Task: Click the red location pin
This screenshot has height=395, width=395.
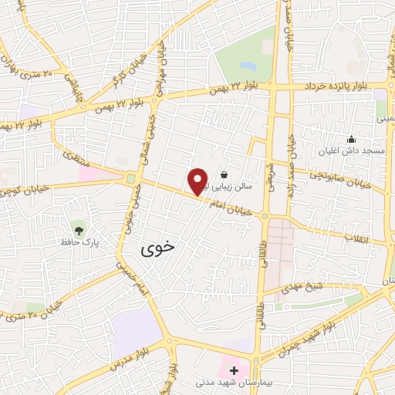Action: (198, 181)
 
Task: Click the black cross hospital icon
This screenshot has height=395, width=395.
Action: (234, 371)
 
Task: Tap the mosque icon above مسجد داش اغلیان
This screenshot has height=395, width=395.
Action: (352, 140)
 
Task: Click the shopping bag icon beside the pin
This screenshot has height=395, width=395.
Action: (224, 174)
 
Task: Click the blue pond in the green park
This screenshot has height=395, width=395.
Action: (248, 66)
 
